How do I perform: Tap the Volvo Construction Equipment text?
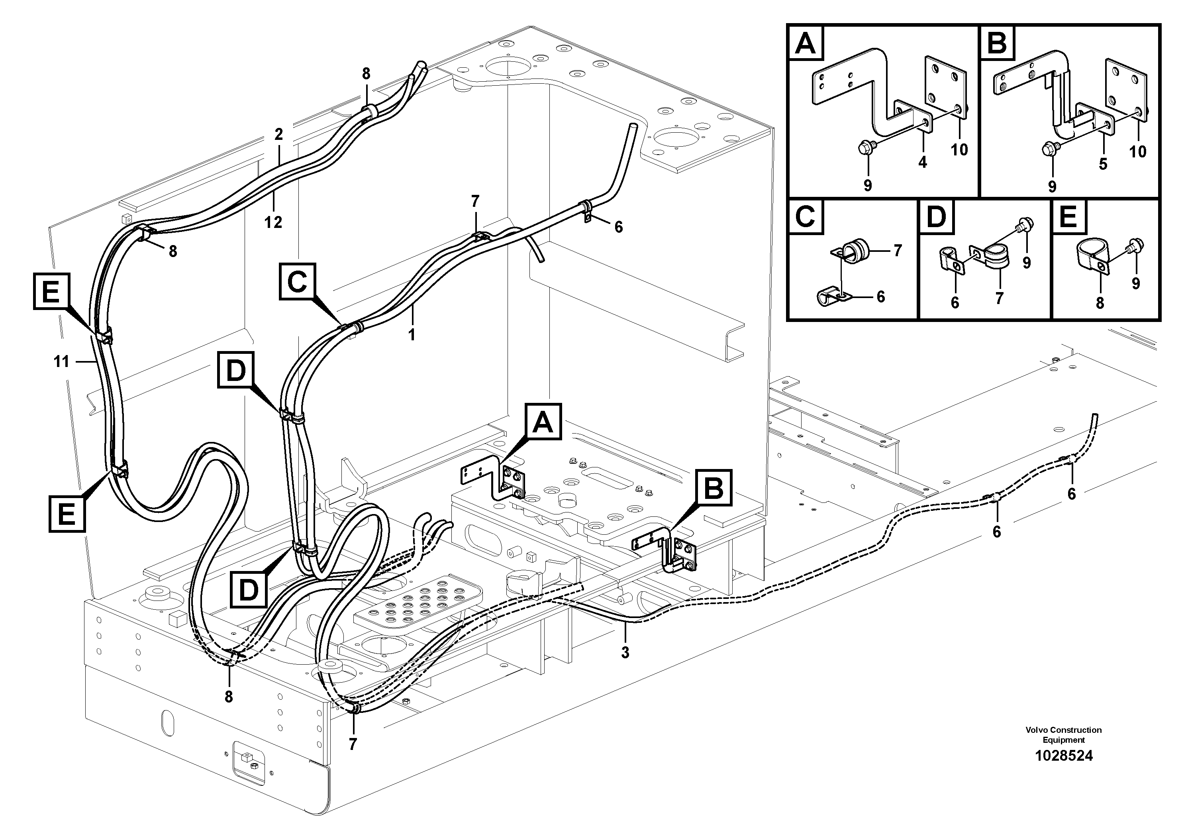1064,735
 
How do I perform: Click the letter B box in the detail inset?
997,43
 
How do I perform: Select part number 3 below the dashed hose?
625,653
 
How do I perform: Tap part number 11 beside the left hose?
61,362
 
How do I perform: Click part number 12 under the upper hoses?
273,222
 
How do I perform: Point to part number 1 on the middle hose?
411,334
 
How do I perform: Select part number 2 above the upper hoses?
278,135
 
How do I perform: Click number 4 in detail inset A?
923,162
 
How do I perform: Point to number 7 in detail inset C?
898,251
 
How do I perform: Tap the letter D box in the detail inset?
936,218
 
